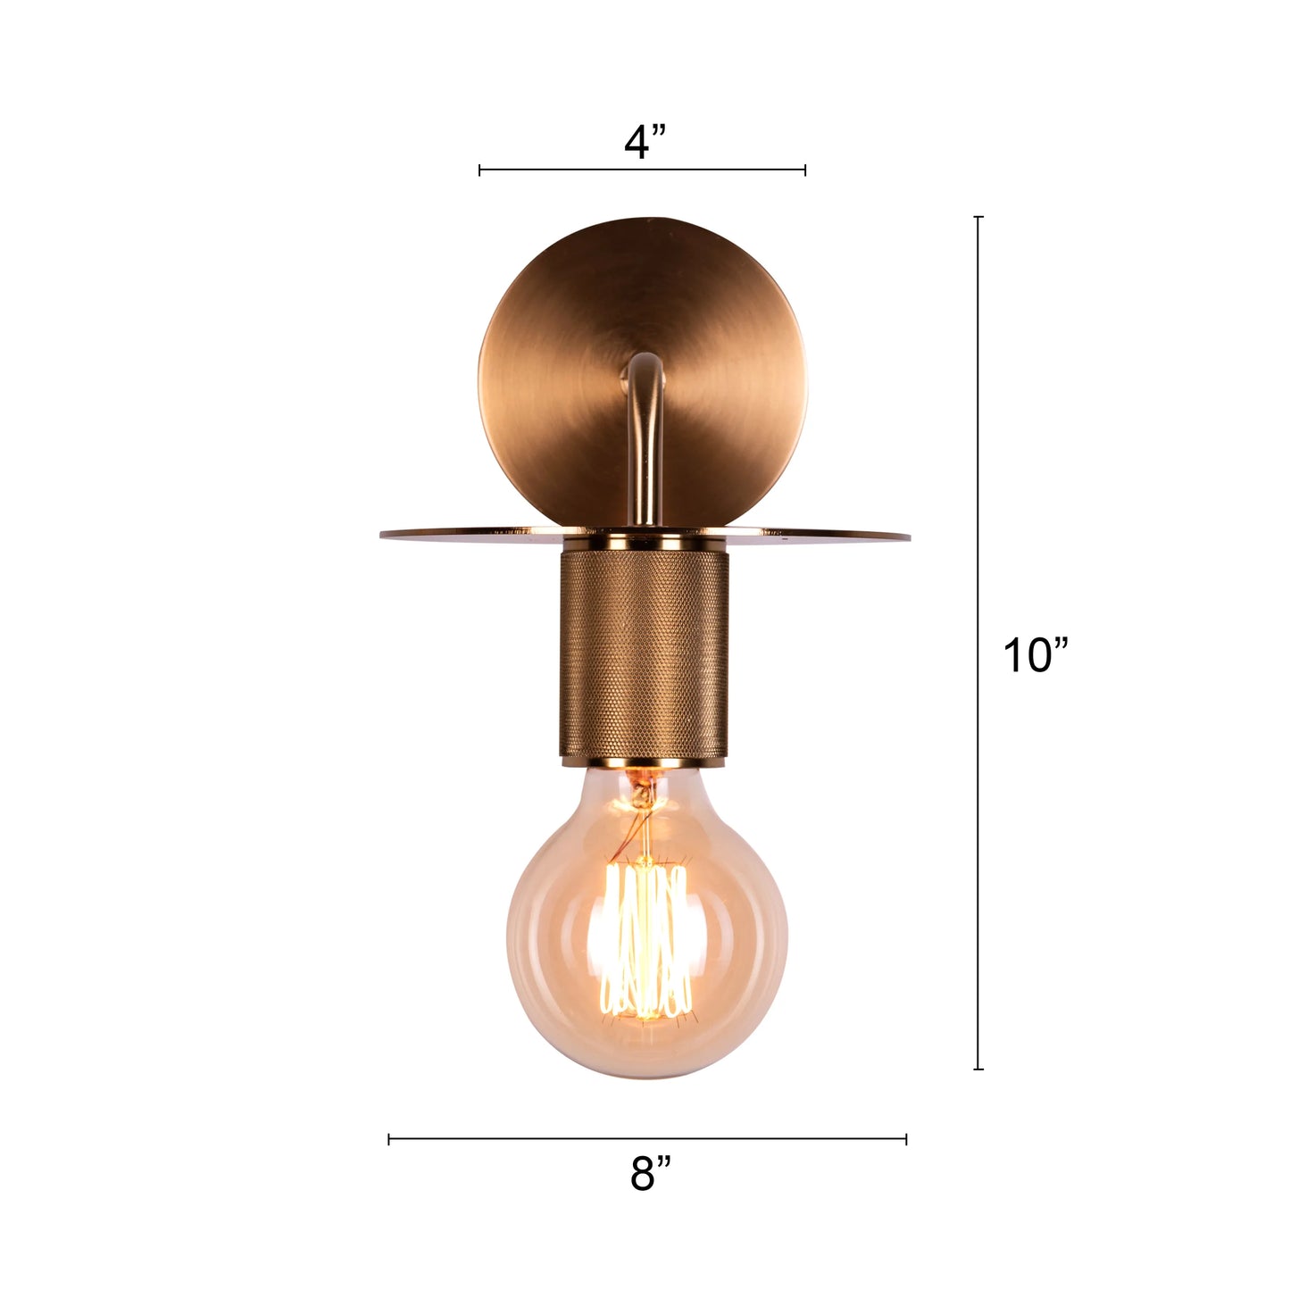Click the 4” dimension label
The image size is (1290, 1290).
645,141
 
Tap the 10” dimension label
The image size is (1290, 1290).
1035,655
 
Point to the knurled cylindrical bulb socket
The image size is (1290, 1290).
645,652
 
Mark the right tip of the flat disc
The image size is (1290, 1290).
907,537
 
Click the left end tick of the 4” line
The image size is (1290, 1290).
479,170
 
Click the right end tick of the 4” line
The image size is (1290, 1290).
805,170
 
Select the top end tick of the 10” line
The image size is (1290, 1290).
978,217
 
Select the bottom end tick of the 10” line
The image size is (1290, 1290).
978,1069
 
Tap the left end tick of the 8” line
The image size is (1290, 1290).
389,1138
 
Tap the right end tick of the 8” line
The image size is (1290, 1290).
906,1138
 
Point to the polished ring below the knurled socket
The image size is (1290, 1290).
645,762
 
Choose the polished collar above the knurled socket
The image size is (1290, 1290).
645,542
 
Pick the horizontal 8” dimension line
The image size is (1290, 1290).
536,1138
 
